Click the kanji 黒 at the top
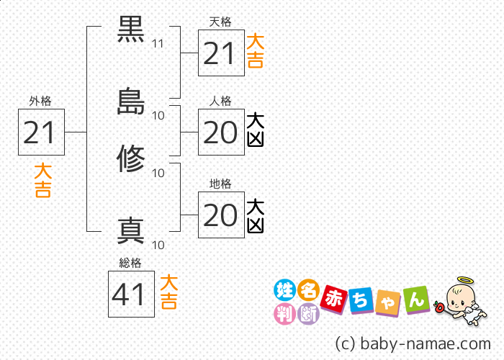(x=132, y=32)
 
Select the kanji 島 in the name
(x=132, y=102)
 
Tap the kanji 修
(x=132, y=158)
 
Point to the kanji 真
(x=132, y=230)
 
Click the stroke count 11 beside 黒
(x=158, y=44)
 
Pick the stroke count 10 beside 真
(x=158, y=244)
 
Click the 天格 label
(x=220, y=22)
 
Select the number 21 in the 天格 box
(x=221, y=53)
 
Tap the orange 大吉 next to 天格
(x=254, y=51)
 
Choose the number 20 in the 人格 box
(x=221, y=133)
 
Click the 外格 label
(x=40, y=102)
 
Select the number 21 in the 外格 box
(x=41, y=132)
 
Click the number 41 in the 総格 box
(x=131, y=294)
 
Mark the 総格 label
(x=130, y=263)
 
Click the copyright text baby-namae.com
(x=413, y=343)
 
